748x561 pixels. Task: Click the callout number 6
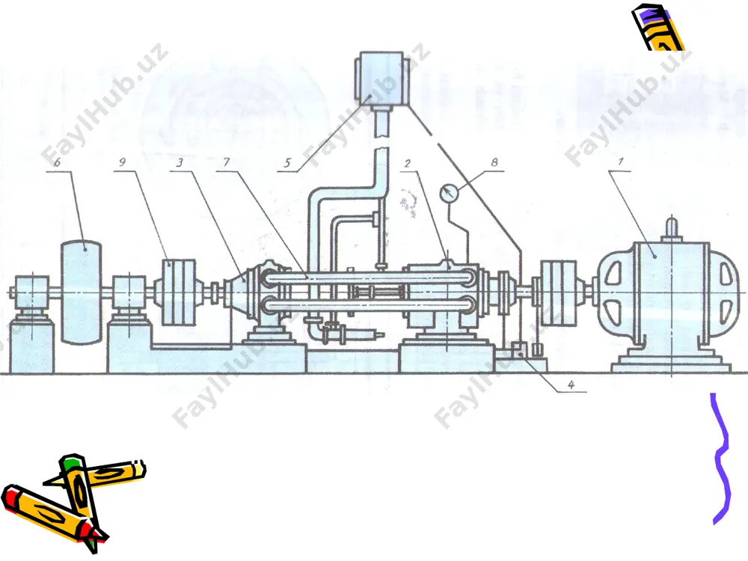click(58, 162)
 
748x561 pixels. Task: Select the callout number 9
click(123, 162)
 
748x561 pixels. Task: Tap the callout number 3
click(180, 162)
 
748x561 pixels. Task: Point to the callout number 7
click(227, 162)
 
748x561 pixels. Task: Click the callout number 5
click(287, 163)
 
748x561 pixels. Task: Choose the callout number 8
click(494, 162)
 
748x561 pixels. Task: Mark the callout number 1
click(621, 162)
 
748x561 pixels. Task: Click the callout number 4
click(571, 384)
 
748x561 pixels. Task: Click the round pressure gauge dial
click(448, 193)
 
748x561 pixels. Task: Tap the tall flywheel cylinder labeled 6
click(81, 292)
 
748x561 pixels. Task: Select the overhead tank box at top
click(381, 79)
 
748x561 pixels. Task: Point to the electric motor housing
click(669, 291)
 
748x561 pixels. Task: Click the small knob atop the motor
click(671, 227)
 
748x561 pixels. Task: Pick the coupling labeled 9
click(179, 292)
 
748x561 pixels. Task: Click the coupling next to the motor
click(558, 292)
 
